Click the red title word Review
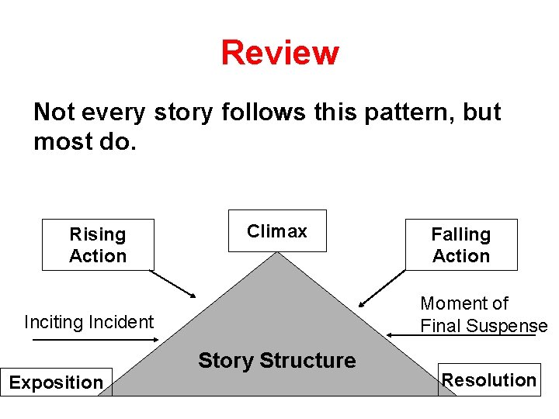coord(279,54)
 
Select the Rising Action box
coord(98,245)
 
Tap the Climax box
coord(277,231)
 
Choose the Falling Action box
coord(461,245)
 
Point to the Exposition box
coord(56,383)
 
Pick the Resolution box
coord(489,380)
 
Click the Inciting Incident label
coord(89,322)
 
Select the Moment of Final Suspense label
coord(484,314)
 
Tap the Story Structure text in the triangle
coord(277,361)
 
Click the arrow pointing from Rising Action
coord(174,284)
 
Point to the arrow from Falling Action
coord(383,285)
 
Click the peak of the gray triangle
coord(277,255)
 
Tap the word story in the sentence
coord(182,113)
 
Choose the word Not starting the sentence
coord(54,113)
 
